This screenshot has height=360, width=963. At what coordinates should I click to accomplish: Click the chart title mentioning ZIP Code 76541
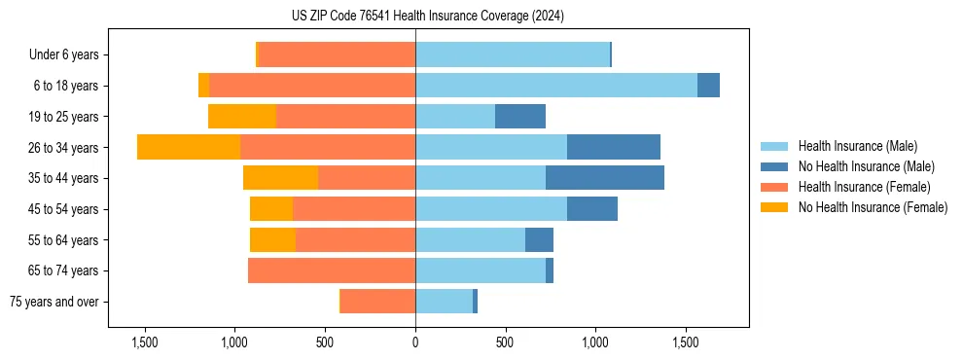pos(427,17)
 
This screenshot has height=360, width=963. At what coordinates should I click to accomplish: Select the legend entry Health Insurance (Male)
pos(856,146)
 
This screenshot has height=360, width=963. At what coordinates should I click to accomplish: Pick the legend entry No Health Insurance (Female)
pos(873,207)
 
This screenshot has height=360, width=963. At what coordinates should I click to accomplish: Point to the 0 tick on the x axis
pos(415,342)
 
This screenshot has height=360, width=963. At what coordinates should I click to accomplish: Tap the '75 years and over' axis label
pos(53,302)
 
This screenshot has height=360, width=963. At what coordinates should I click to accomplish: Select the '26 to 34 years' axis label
pos(63,147)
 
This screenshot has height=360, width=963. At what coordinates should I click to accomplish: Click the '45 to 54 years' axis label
pos(63,209)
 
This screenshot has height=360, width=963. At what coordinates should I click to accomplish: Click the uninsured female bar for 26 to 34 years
pos(189,147)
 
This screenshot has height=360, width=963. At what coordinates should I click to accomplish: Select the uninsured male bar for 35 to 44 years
pos(605,178)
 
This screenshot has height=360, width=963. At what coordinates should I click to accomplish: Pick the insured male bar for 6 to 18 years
pos(556,86)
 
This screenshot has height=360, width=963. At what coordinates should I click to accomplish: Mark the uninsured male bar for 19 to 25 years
pos(520,117)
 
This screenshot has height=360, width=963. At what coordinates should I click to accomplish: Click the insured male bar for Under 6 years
pos(513,54)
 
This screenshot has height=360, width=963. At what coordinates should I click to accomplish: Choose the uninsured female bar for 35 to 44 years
pos(281,178)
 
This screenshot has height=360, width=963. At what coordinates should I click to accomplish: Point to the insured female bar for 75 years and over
pos(378,302)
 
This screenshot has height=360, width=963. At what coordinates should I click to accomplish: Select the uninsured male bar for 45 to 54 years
pos(592,209)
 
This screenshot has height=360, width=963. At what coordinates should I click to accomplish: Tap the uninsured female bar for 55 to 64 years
pos(273,239)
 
